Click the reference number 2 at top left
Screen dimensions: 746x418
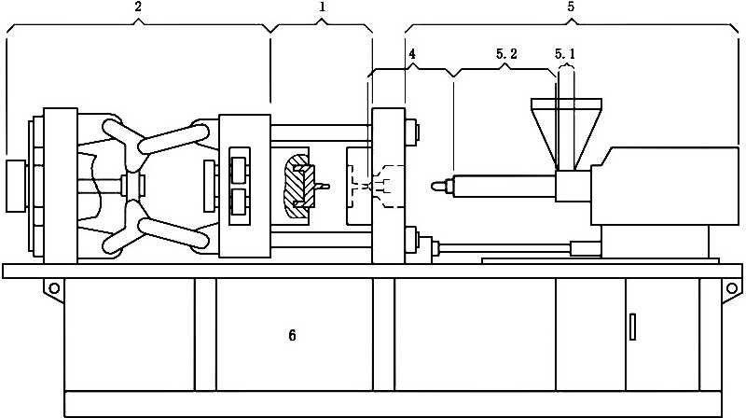138,7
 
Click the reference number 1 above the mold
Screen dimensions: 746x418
322,7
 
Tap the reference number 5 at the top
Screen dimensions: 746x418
571,7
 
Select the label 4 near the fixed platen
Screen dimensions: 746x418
412,54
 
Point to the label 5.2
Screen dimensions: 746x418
506,54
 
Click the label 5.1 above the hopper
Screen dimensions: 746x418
565,54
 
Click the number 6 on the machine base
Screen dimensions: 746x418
292,335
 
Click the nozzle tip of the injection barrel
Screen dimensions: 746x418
435,186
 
